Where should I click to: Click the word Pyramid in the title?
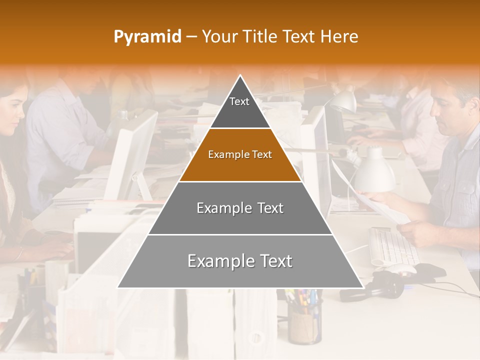pyautogui.click(x=147, y=36)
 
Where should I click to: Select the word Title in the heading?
pyautogui.click(x=260, y=36)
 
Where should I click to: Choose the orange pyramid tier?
pyautogui.click(x=240, y=155)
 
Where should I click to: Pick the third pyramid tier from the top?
pyautogui.click(x=240, y=208)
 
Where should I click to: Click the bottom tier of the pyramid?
pyautogui.click(x=240, y=261)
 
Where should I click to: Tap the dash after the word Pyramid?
pyautogui.click(x=191, y=36)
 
